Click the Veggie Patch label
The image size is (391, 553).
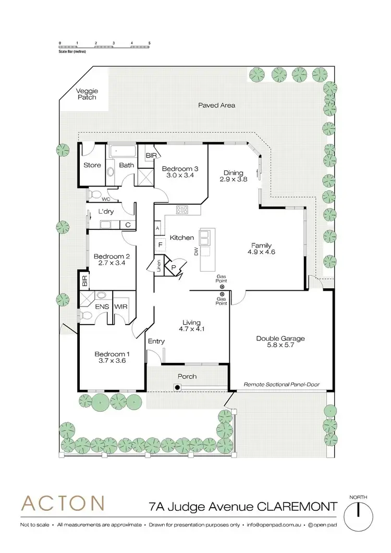point(87,94)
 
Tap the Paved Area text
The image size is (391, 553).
point(216,105)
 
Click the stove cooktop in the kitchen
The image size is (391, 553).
point(183,210)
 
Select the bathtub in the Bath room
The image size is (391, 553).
point(123,152)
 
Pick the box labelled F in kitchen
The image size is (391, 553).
point(160,244)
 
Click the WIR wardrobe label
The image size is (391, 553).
point(121,306)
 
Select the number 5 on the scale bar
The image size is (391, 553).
point(149,42)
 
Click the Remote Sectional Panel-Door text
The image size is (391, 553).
point(282,385)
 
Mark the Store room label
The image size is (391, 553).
point(92,166)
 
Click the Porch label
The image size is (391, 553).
point(186,376)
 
